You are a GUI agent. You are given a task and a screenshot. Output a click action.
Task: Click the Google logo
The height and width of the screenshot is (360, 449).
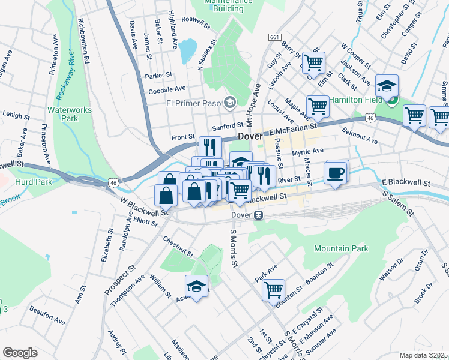(20, 353)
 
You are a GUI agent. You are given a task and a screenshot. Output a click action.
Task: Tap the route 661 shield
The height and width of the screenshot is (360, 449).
(274, 37)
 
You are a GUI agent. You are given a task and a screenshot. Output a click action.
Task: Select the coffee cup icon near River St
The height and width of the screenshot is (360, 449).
(336, 172)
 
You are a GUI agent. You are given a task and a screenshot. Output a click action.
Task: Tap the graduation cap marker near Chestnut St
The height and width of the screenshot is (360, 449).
(196, 286)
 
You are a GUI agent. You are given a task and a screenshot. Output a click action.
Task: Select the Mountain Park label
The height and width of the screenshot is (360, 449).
(340, 248)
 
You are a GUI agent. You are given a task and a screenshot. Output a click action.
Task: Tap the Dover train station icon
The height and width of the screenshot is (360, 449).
(258, 215)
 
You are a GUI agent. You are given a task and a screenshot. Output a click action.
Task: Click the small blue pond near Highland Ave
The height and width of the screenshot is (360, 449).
(187, 51)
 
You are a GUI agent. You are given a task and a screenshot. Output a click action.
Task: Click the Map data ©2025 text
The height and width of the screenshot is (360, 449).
(424, 355)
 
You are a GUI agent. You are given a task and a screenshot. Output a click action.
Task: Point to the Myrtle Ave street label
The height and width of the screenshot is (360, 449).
(307, 152)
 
